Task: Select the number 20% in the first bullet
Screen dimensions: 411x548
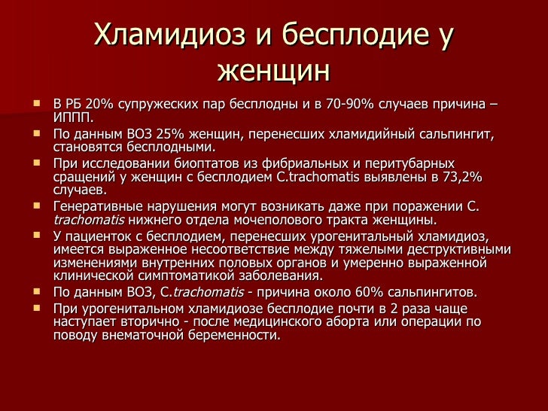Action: click(x=100, y=103)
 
